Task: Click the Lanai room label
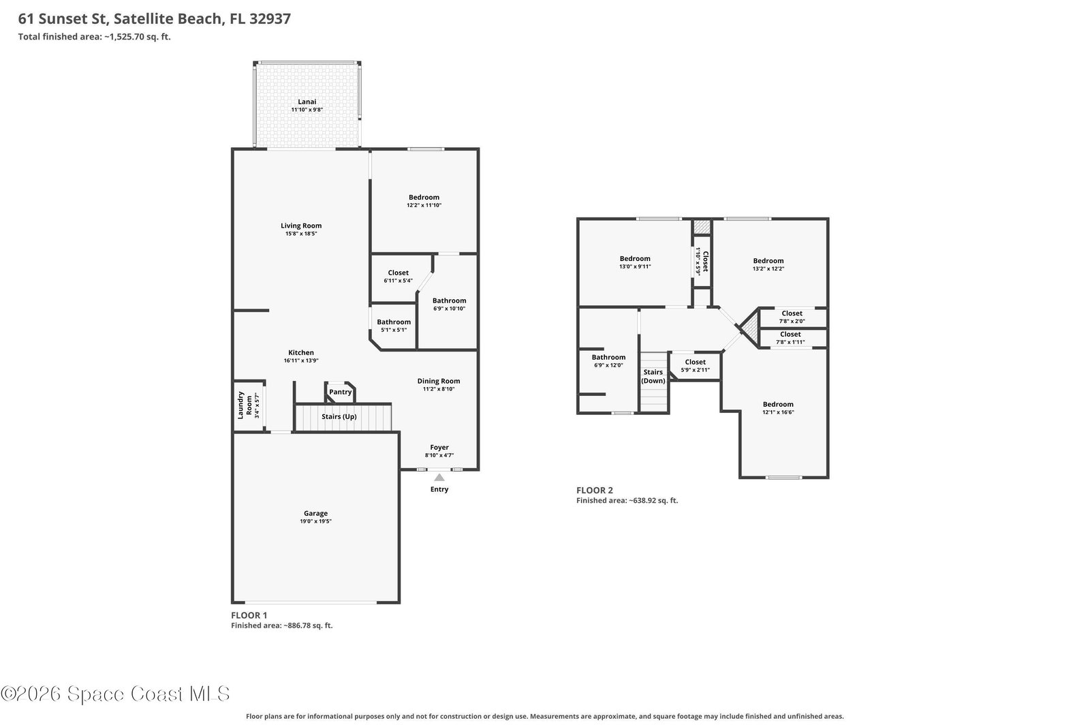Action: click(x=307, y=102)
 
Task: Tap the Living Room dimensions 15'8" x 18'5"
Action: click(x=301, y=234)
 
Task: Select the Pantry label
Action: click(x=340, y=392)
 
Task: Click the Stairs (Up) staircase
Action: click(x=343, y=417)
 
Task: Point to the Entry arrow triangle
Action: click(x=439, y=478)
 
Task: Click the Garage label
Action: click(x=316, y=513)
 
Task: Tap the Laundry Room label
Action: click(x=245, y=405)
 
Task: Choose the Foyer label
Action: click(x=439, y=447)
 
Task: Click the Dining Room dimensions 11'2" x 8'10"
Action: click(x=439, y=389)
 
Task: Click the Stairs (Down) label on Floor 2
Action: click(x=653, y=377)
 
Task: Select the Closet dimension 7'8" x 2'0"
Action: click(x=792, y=321)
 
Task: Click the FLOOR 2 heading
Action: click(x=595, y=491)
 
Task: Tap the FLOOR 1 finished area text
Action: click(x=282, y=625)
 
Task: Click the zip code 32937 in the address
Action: click(x=270, y=19)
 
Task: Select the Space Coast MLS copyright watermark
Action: click(x=115, y=694)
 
